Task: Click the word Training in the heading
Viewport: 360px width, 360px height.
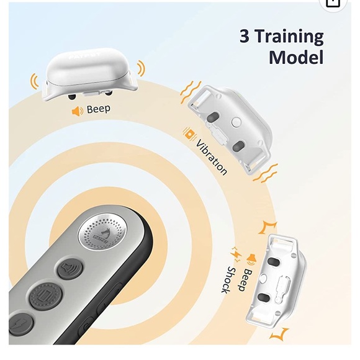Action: coord(289,37)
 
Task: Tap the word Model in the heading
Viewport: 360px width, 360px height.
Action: coord(296,57)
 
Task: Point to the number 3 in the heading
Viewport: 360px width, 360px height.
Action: coord(245,36)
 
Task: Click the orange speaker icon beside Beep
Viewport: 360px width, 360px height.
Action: coord(78,111)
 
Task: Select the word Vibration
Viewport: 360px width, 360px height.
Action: coord(212,157)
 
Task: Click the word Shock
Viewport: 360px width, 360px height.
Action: coord(228,280)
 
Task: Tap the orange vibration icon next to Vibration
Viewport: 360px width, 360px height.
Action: coord(190,134)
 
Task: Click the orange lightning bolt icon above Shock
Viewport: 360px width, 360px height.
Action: coord(236,254)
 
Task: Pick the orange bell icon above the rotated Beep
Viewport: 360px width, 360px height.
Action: coord(251,259)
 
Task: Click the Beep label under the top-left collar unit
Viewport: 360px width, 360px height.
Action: coord(99,109)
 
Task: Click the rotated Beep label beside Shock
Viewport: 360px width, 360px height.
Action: coord(245,280)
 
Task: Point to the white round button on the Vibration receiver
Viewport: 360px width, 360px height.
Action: coord(236,122)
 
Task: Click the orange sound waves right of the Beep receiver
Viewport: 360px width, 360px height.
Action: coord(141,68)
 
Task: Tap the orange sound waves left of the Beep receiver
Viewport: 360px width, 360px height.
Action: coord(34,81)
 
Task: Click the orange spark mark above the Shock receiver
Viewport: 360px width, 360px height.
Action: coord(268,227)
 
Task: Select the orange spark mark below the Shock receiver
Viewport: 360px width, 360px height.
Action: coord(280,334)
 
